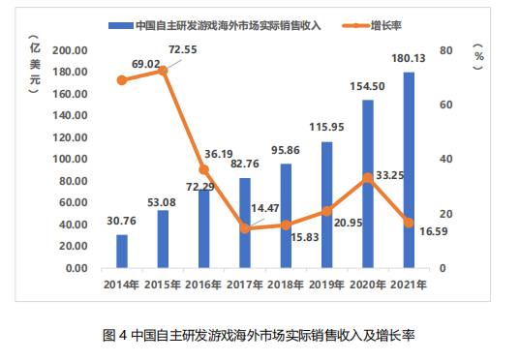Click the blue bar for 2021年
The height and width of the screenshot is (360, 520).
point(409,169)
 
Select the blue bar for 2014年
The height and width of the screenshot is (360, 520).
point(122,251)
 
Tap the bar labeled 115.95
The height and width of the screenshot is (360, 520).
point(326,204)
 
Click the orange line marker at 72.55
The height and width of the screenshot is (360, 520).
point(163,71)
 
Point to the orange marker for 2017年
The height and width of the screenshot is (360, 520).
point(245,228)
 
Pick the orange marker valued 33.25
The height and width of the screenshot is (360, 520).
point(368,178)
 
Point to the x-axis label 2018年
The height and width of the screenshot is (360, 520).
point(286,285)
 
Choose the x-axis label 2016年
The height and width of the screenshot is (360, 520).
point(203,285)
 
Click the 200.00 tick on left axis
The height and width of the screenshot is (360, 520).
point(70,50)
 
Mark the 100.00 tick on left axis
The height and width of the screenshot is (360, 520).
point(70,159)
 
